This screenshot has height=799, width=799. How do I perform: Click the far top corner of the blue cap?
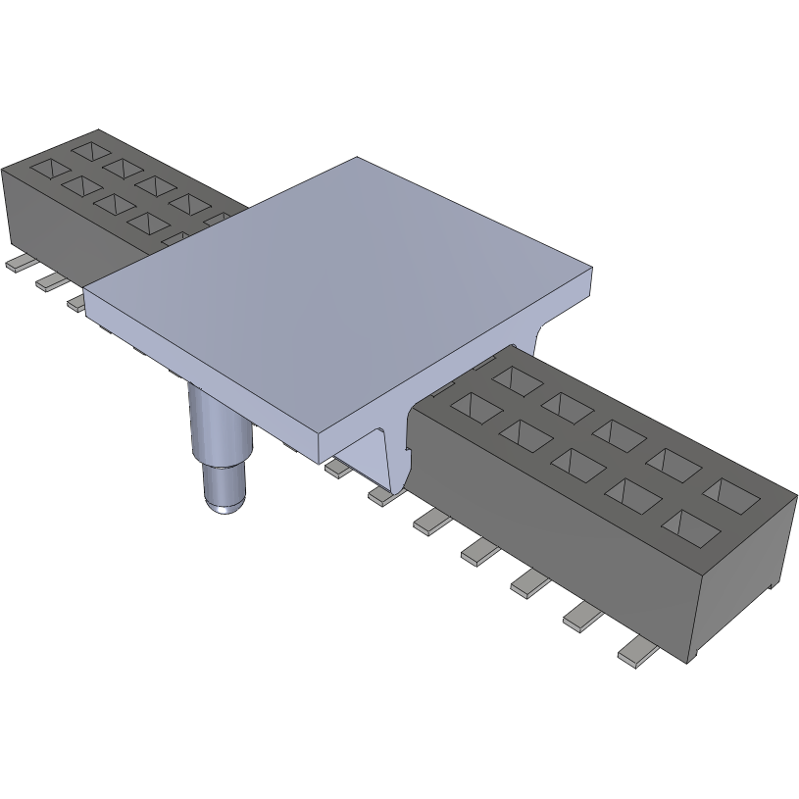click(x=358, y=159)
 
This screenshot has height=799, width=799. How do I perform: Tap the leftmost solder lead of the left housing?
click(x=17, y=264)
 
